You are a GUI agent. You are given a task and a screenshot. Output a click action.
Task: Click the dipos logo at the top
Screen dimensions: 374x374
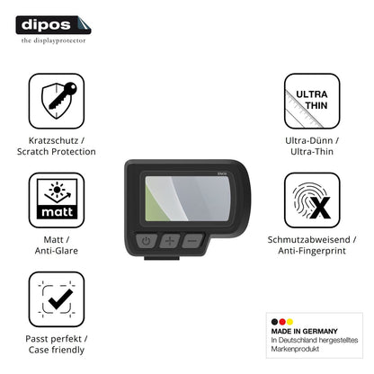(53, 25)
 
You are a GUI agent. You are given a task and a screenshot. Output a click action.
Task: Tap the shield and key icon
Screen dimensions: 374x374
(57, 101)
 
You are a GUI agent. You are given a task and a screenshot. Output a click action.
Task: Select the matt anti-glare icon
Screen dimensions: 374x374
(57, 200)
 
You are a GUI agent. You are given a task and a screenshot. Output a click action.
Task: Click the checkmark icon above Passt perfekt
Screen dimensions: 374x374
(57, 299)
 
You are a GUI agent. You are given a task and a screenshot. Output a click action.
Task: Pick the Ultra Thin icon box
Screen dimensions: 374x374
(312, 101)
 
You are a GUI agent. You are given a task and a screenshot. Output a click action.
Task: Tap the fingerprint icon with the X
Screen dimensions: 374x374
(312, 200)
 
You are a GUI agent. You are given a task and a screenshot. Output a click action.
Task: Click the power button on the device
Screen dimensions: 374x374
(147, 241)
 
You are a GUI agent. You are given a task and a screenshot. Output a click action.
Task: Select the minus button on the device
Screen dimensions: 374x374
(193, 241)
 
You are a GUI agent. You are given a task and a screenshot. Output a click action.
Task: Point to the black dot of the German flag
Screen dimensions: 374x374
(274, 322)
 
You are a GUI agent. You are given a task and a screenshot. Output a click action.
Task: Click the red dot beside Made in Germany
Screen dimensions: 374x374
(282, 322)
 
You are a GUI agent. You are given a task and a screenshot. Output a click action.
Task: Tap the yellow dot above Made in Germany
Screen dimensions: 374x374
(289, 322)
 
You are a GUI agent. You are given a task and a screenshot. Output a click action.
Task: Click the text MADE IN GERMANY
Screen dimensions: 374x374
(305, 331)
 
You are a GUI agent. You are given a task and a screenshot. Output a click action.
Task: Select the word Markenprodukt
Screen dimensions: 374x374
(295, 349)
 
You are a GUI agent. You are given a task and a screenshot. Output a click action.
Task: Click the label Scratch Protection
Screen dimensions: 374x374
(57, 152)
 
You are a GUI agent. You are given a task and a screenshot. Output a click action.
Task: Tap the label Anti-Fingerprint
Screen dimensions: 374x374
(312, 251)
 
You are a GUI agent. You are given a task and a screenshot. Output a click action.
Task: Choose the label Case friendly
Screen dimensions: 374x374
(57, 350)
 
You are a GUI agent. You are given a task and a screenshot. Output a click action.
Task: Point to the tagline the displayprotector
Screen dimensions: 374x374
(53, 40)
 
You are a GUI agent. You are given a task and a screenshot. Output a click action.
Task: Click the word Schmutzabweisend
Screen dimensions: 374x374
(308, 239)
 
